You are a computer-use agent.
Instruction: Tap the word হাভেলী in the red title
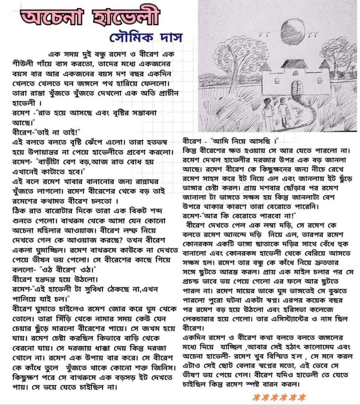[x=125, y=16]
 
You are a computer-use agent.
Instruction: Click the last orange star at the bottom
[x=301, y=397]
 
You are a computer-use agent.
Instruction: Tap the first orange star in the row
[x=256, y=397]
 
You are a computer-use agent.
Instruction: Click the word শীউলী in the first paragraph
[x=24, y=64]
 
